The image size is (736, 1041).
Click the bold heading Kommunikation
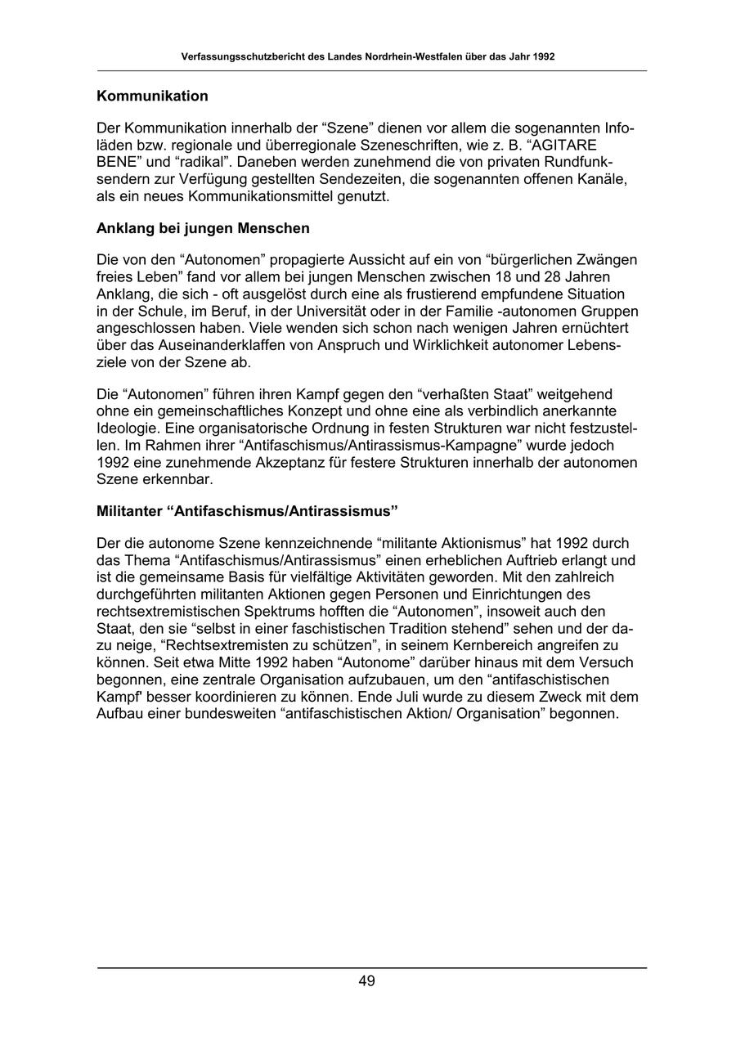152,96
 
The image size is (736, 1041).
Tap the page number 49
366,981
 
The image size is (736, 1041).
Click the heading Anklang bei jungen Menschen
203,227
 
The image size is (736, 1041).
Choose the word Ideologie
127,429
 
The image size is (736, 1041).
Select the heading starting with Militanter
247,511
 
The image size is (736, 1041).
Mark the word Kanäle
604,180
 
